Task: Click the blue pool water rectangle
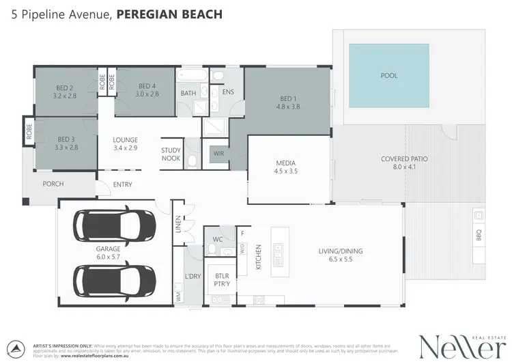[388, 75]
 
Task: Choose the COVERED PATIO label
[405, 159]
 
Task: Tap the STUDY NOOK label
[170, 154]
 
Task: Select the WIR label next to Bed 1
[218, 154]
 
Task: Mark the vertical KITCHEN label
[259, 256]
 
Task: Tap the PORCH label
[53, 184]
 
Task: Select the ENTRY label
[123, 184]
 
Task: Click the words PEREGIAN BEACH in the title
[165, 14]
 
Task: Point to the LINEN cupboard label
[177, 225]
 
